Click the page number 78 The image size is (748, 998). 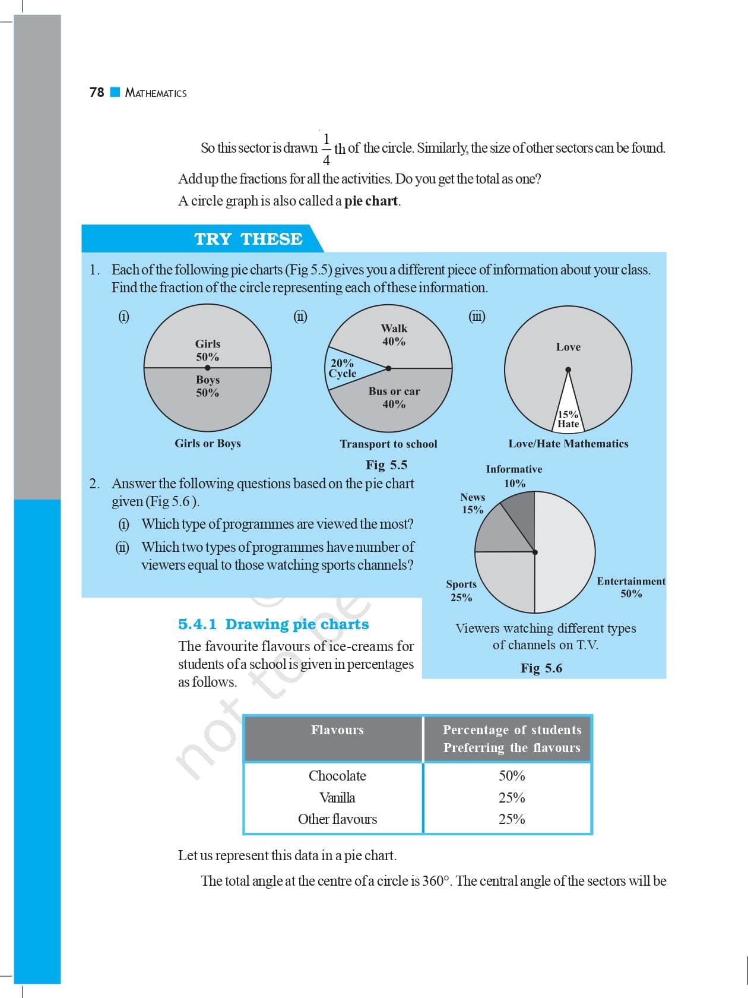(97, 92)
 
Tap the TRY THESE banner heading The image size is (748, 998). (248, 239)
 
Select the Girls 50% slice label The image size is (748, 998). (208, 350)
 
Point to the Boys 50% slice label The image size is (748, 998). (208, 386)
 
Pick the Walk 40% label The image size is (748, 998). (394, 335)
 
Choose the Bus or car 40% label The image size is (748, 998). (394, 397)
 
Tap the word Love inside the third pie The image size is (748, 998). (568, 347)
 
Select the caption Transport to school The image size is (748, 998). (388, 444)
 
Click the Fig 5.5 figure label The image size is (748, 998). (386, 465)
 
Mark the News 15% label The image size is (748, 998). (473, 503)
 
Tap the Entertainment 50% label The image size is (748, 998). (631, 587)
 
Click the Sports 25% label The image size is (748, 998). (461, 590)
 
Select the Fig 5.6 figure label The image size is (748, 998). (541, 668)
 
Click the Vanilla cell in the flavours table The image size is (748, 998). (337, 798)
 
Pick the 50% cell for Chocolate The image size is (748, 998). (512, 776)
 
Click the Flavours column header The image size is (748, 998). (337, 730)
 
